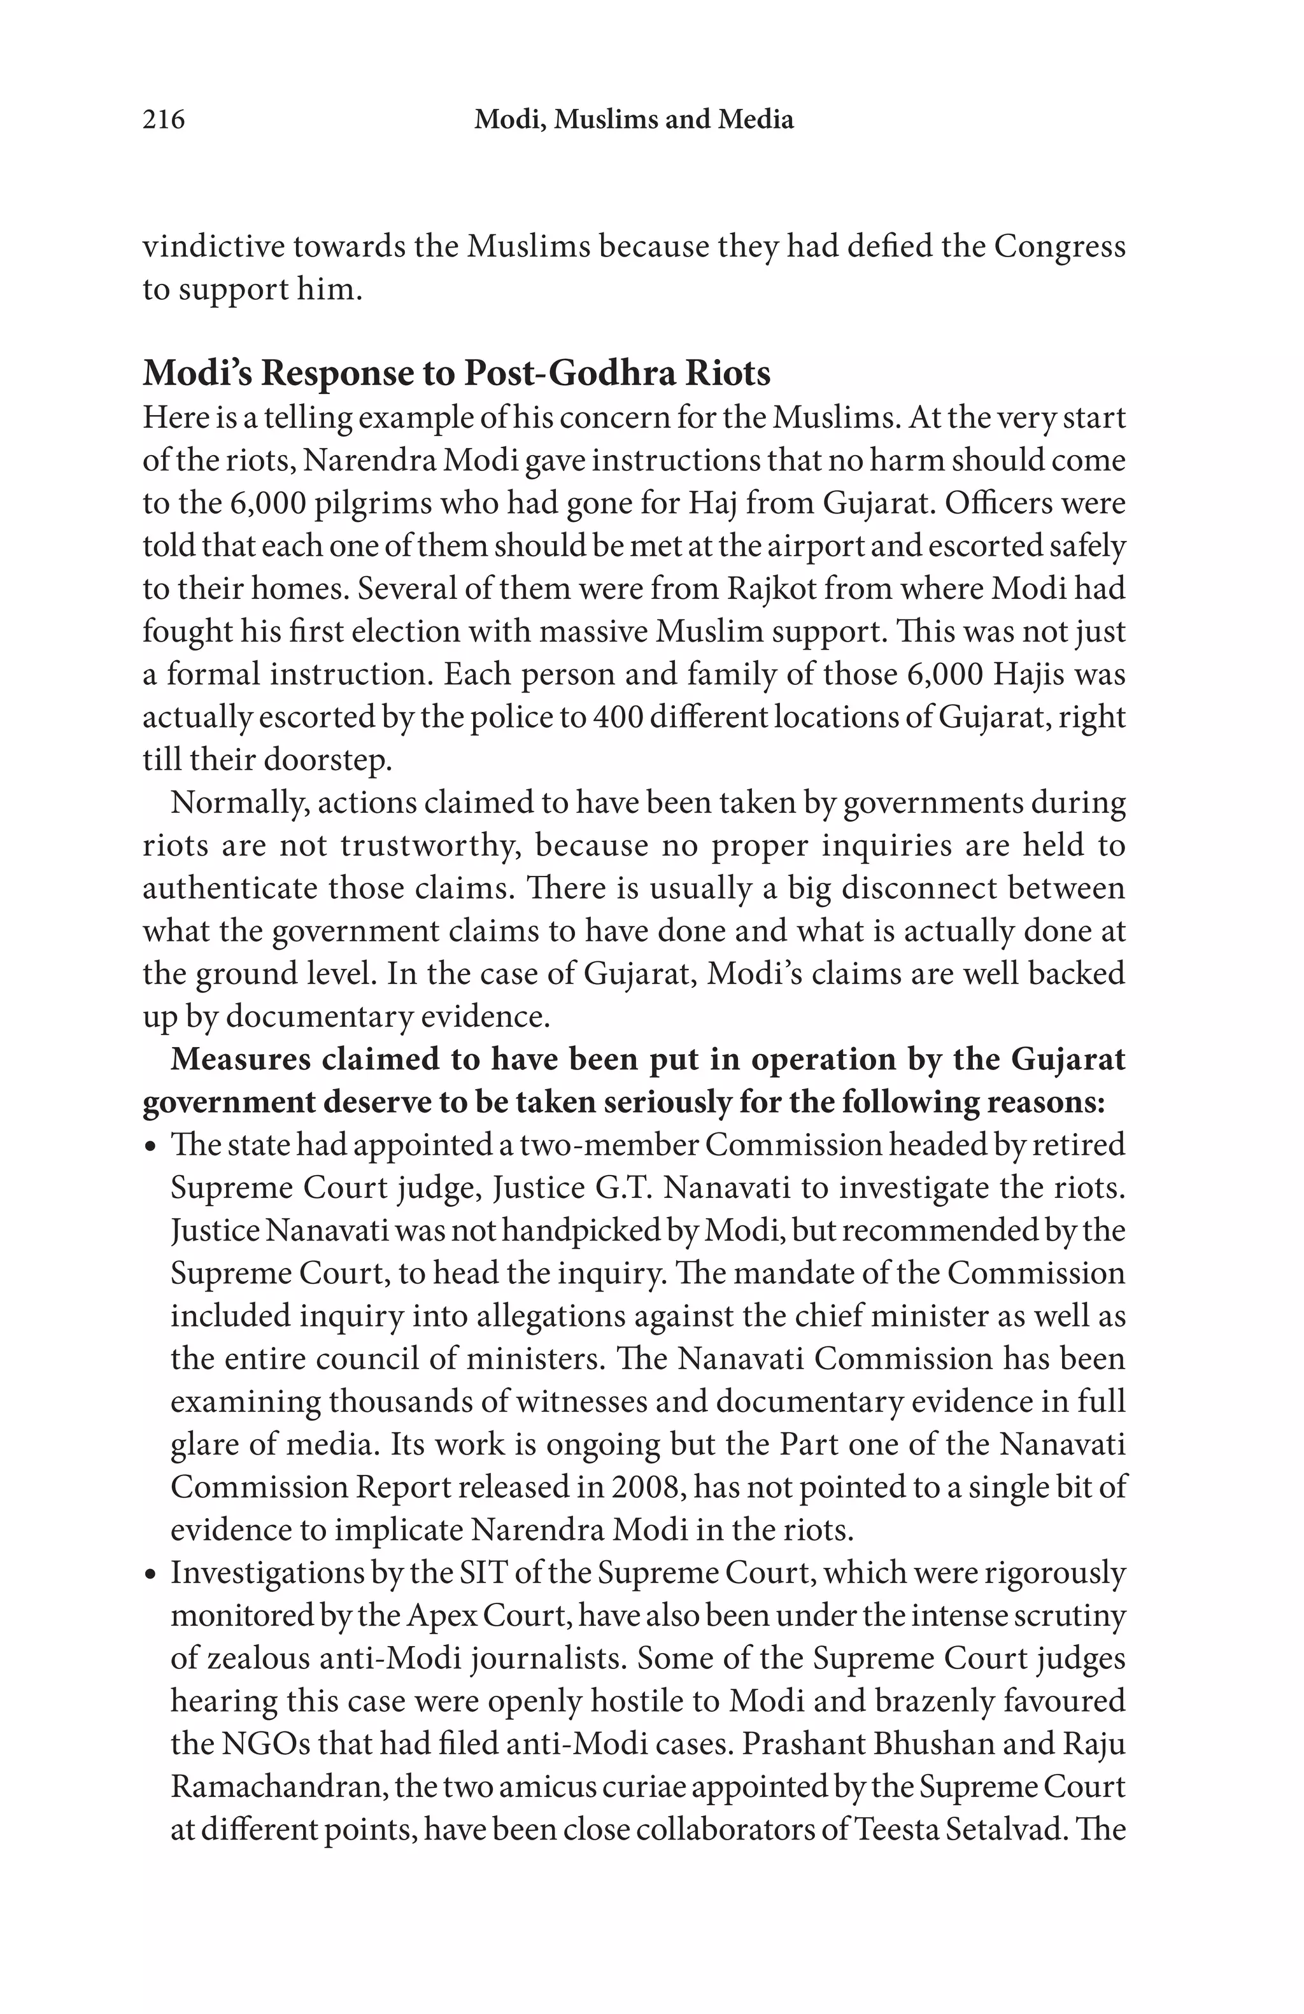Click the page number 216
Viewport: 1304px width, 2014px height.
point(163,119)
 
